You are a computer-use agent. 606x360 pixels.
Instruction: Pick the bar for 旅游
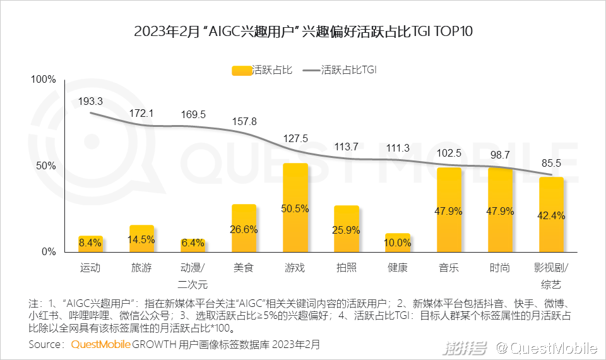point(141,238)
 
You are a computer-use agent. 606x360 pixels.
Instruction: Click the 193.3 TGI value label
point(91,101)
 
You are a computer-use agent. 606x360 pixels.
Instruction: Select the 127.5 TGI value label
point(295,139)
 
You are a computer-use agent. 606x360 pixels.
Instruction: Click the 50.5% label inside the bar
point(295,209)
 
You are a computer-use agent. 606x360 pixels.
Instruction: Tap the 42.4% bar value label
point(552,215)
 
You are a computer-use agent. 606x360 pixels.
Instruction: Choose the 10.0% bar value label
point(398,243)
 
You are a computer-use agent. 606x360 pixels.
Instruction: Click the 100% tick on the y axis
point(44,80)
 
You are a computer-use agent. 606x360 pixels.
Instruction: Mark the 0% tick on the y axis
point(49,252)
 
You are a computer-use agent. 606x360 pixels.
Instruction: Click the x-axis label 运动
point(91,268)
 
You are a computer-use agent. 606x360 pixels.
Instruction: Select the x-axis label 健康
point(398,268)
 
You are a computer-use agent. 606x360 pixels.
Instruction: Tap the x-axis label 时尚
point(500,268)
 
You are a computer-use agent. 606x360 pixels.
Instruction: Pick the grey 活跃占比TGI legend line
point(311,71)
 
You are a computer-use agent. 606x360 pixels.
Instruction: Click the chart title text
point(303,32)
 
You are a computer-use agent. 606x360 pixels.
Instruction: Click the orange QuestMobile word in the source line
point(100,345)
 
